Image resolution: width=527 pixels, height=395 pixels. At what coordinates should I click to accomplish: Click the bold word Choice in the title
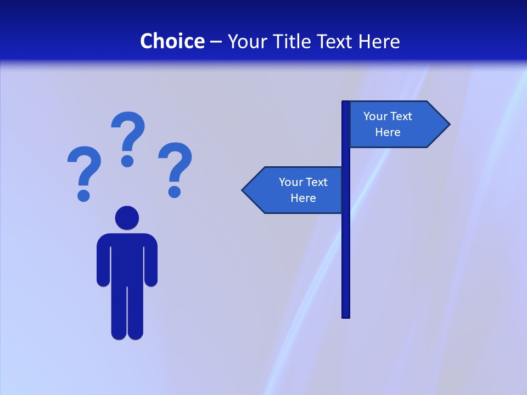(x=172, y=41)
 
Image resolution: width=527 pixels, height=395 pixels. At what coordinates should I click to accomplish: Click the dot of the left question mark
(x=83, y=195)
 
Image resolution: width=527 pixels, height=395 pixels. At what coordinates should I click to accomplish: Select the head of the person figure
(x=127, y=218)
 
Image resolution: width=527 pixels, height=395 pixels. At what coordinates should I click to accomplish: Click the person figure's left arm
(x=103, y=263)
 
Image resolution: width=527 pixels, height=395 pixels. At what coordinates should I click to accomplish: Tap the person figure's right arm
(x=151, y=263)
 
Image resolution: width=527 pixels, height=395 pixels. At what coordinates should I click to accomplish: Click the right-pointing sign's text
(x=388, y=124)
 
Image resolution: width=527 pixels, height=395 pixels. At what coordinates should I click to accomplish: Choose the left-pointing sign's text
(x=303, y=190)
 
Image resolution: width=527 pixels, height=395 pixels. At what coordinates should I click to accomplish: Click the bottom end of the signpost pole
(x=346, y=315)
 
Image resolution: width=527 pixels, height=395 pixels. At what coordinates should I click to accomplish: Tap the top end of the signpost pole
(x=346, y=103)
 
